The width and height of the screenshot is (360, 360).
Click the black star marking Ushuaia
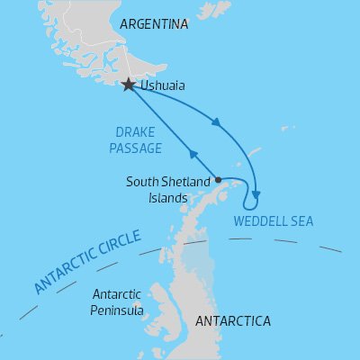129,85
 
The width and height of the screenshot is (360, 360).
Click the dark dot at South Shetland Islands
218,178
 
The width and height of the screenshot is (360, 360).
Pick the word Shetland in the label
187,183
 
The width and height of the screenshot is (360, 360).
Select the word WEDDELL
259,220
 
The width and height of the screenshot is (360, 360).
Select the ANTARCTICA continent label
231,320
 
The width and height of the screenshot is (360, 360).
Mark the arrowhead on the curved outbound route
214,123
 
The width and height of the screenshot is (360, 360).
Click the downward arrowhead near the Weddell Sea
256,193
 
